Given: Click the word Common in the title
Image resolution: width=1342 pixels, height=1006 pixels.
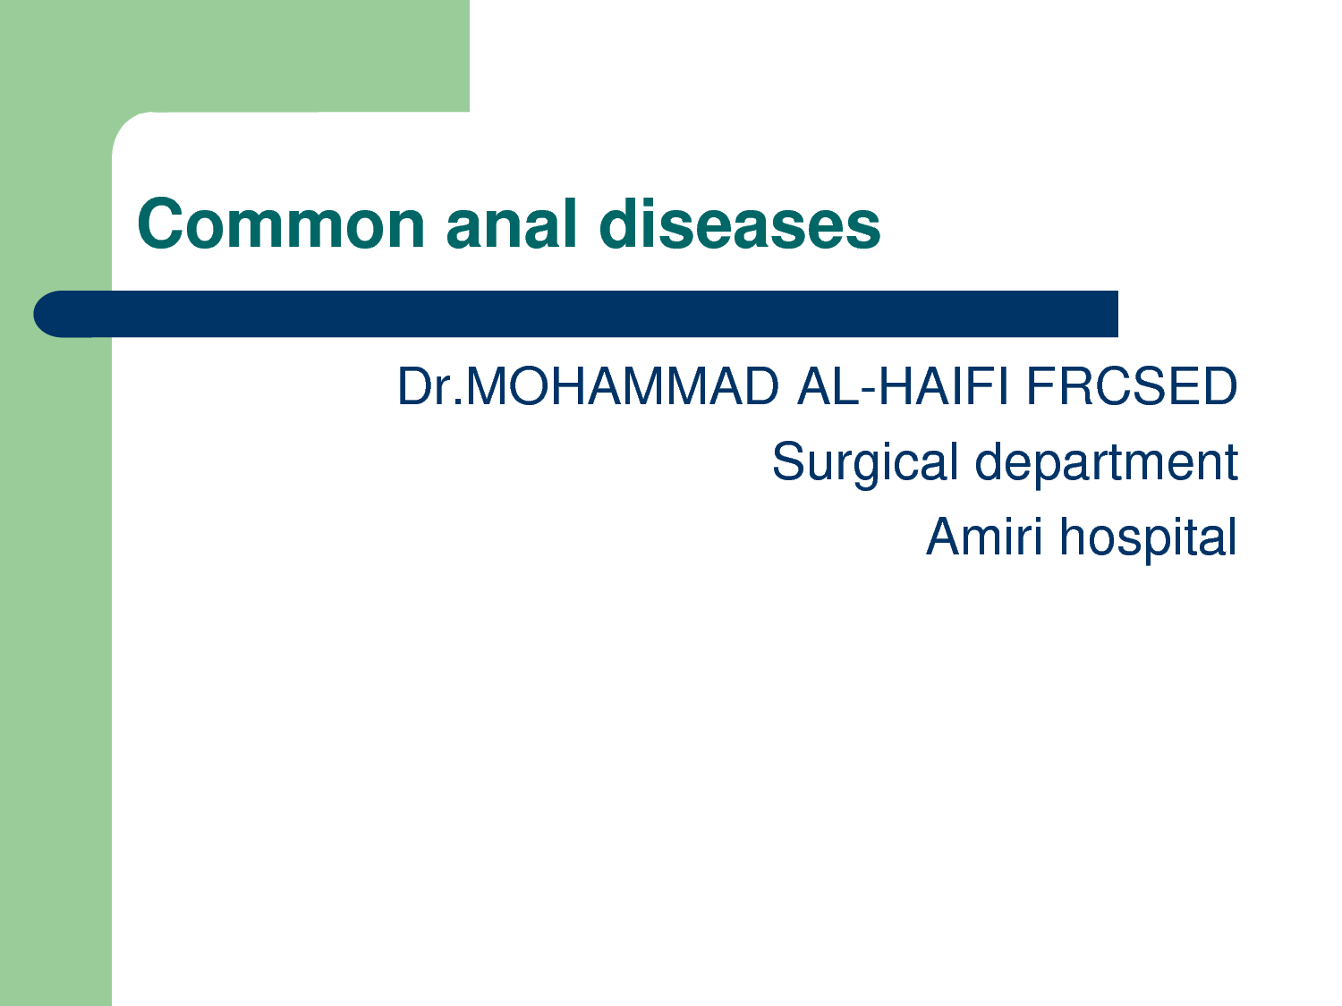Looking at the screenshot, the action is [x=281, y=224].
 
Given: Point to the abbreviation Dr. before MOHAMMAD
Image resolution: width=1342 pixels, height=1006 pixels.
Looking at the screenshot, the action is [x=431, y=385].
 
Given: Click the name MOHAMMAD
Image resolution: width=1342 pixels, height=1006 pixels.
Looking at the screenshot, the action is [x=623, y=385].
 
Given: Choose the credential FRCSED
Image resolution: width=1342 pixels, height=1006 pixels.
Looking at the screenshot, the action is [x=1132, y=385].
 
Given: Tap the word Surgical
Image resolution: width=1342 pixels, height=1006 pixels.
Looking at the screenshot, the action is [x=865, y=463].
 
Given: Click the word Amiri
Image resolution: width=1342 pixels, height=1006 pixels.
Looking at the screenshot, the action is [x=984, y=536].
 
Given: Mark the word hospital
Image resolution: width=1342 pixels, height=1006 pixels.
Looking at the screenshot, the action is [x=1148, y=537].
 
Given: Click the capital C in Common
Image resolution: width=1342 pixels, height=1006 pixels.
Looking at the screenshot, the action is [x=161, y=224].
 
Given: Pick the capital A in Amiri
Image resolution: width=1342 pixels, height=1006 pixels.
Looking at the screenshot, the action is [x=945, y=536].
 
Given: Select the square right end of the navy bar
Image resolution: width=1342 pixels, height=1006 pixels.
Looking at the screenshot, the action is [x=1117, y=314].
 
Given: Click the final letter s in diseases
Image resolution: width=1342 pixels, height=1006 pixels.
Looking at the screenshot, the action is [x=862, y=229].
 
